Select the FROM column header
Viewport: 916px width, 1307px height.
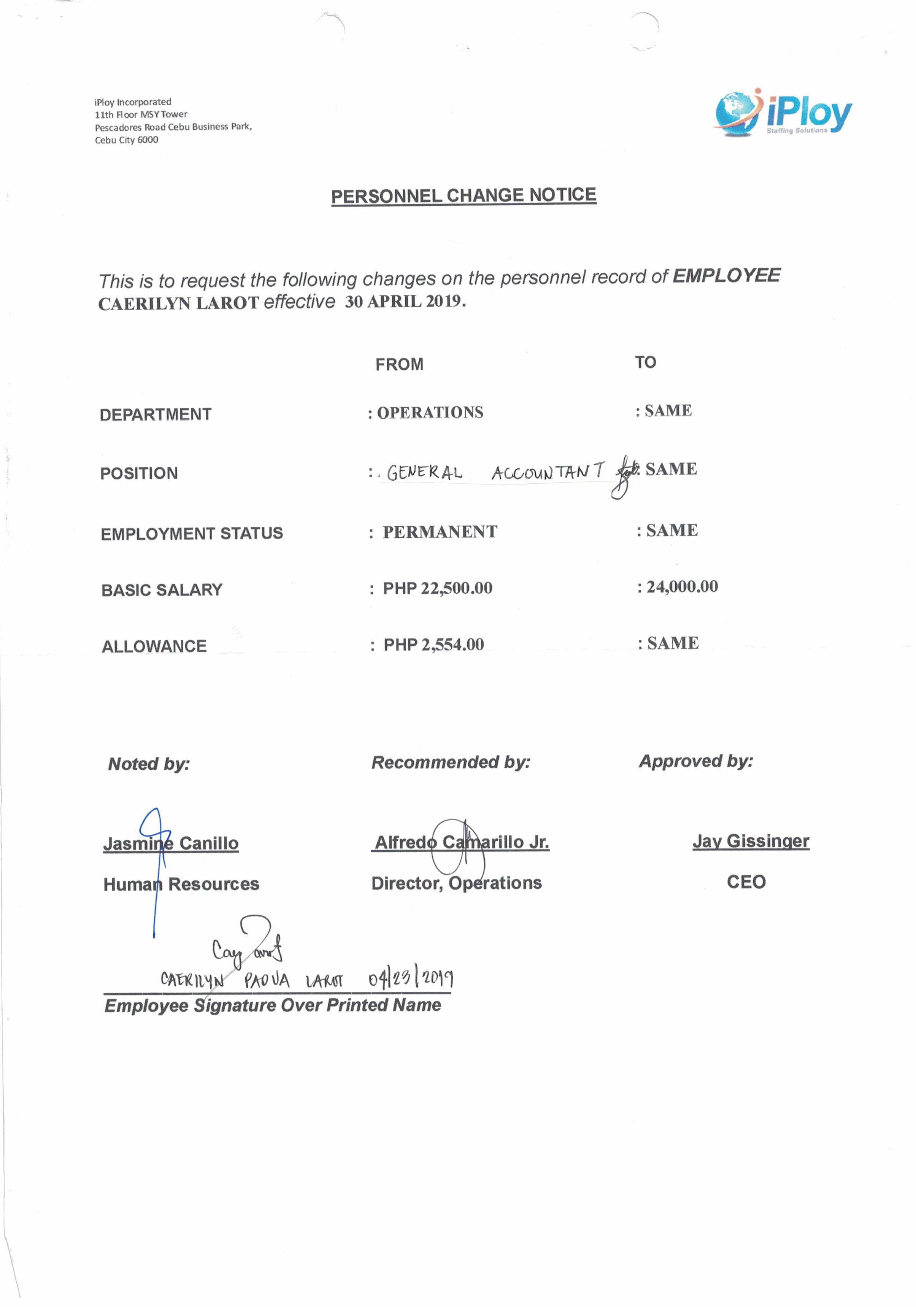(x=399, y=364)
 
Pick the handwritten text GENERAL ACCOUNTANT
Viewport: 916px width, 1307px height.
(x=494, y=472)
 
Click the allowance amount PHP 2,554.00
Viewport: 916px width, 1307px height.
(x=433, y=645)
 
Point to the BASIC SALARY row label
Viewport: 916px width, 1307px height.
(x=162, y=590)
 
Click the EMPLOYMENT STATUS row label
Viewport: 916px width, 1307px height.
(x=192, y=534)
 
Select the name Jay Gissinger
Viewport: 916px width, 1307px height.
(x=750, y=841)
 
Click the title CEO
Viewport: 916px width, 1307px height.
(x=746, y=882)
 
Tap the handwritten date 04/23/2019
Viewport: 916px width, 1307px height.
(x=410, y=978)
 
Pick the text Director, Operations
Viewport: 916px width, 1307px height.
(x=456, y=883)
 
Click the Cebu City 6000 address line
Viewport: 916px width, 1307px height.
(x=126, y=140)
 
